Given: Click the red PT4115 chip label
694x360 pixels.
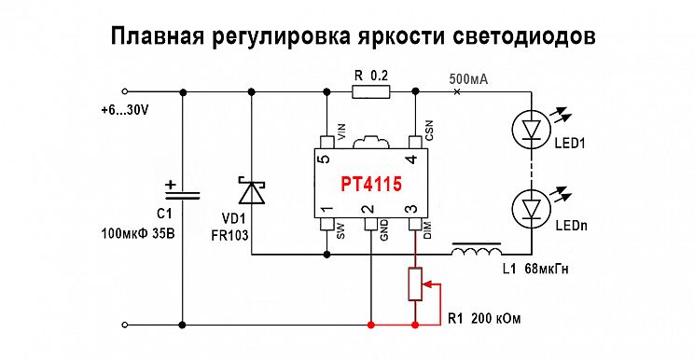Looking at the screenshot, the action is coord(371,184).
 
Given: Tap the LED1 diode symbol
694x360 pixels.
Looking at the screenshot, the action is coord(530,129).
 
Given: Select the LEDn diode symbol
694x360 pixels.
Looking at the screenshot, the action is coord(530,208).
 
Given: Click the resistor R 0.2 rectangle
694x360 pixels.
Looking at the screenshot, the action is coord(371,91).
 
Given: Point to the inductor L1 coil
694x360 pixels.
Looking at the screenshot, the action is coord(477,249).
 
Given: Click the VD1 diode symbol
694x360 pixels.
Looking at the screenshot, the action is coord(252,191).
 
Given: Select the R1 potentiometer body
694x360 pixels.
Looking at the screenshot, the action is coord(415,284).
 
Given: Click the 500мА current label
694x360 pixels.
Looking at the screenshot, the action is coord(468,79).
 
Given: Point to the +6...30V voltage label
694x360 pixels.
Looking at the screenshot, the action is coord(125,110).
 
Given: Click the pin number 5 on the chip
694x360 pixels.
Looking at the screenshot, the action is coord(325,159).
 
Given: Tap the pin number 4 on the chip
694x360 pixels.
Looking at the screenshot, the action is coord(412,159).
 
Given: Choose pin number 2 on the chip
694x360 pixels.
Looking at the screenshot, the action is coord(369,208).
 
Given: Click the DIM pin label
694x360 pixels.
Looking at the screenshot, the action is coord(427,230).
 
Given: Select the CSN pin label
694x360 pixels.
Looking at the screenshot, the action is coord(428,131).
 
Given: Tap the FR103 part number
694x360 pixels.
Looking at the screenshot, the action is coord(229,235).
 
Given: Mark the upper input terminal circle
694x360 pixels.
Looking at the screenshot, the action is coord(125,91).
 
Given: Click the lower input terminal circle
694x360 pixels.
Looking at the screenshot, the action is coord(125,325).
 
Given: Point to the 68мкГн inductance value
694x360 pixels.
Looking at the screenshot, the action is coord(547,269).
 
